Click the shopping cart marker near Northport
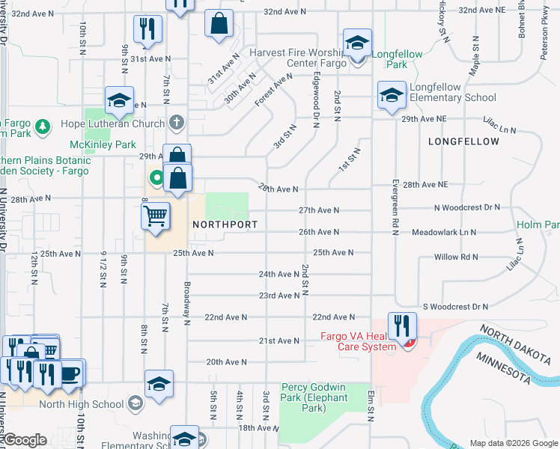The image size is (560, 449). coord(155,217)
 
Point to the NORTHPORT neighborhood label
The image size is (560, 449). coord(225,224)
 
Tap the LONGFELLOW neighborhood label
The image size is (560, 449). coord(463,141)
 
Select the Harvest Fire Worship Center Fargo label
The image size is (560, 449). coord(298,58)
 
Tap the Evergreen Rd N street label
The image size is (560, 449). coord(395,207)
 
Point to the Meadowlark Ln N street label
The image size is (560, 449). coord(444,233)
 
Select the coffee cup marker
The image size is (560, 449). coord(70,373)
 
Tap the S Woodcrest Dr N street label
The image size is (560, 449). coord(455,307)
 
